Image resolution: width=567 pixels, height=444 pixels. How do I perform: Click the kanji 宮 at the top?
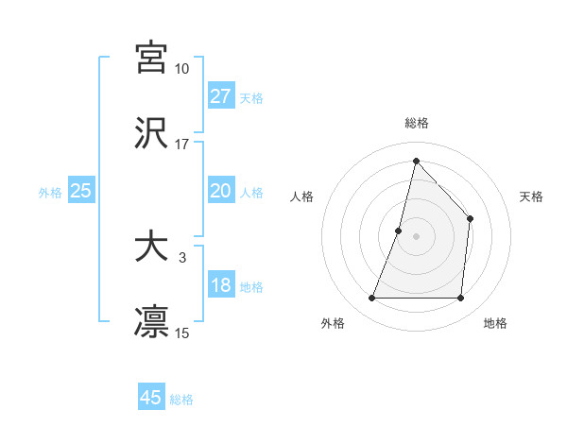(151, 57)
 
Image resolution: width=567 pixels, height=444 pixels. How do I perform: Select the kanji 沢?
(151, 133)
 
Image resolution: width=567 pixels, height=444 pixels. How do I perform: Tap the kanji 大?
(151, 247)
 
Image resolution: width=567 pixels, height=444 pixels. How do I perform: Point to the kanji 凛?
(151, 322)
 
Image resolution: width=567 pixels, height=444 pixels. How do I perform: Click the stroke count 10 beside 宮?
(181, 69)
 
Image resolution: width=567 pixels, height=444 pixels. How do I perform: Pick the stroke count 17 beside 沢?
(181, 145)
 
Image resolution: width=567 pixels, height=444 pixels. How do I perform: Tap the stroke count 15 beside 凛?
(181, 333)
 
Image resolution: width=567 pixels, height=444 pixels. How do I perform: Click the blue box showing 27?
(221, 96)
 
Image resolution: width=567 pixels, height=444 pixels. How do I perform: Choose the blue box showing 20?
(221, 191)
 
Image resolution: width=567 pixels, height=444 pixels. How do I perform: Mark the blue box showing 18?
(221, 285)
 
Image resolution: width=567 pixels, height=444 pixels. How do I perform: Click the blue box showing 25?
(80, 191)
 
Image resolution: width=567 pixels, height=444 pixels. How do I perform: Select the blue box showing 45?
(151, 398)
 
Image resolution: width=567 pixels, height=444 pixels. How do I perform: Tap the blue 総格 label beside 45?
(181, 400)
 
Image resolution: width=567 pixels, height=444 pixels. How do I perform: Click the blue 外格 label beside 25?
(50, 193)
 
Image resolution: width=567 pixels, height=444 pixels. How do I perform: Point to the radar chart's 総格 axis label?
(417, 123)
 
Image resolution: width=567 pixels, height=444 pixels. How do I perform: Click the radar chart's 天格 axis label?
(532, 196)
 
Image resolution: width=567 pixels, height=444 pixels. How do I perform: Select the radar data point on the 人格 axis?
(399, 230)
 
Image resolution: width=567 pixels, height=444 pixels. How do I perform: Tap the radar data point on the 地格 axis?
(460, 299)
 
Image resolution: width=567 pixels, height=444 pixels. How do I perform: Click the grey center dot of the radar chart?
(416, 236)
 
